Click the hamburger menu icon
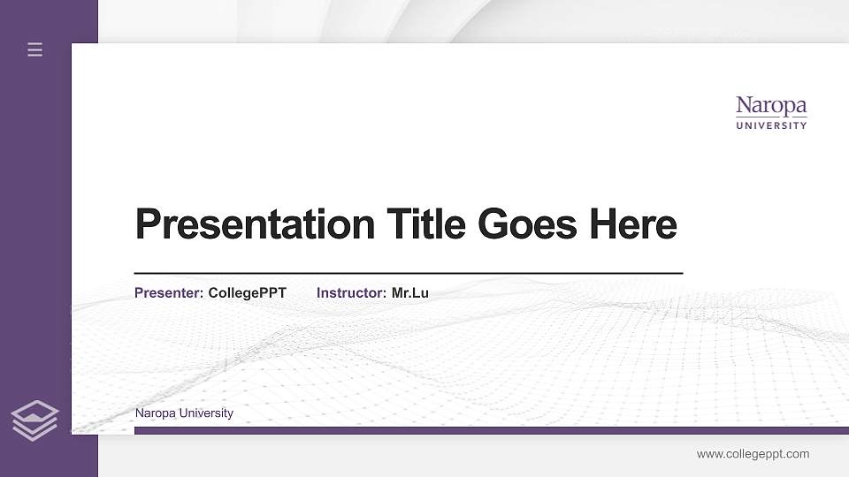click(x=35, y=50)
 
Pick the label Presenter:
click(x=169, y=293)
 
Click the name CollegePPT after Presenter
click(x=247, y=293)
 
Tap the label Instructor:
click(x=351, y=293)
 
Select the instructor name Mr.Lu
click(x=410, y=293)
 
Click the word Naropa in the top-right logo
click(x=771, y=107)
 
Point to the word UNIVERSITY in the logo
click(x=771, y=125)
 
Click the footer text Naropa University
click(x=184, y=413)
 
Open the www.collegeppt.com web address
click(x=753, y=454)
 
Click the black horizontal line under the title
click(x=408, y=274)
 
